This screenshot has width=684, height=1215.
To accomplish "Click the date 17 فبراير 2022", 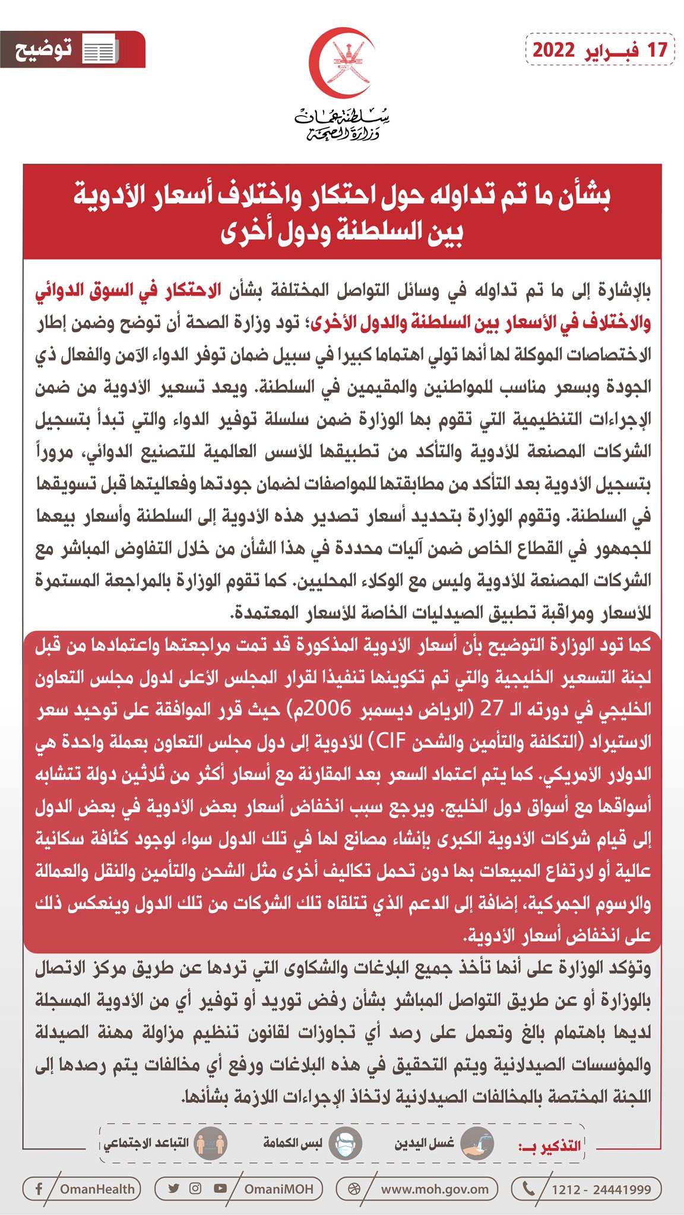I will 600,50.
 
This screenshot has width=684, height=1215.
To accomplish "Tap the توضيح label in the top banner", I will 43,49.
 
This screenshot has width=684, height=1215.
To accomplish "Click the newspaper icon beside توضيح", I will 99,50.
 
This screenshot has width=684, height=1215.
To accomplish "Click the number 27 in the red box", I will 492,710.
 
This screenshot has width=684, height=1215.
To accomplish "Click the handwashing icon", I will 477,1143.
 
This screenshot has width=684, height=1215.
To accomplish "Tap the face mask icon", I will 345,1143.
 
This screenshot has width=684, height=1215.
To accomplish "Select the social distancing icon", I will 211,1143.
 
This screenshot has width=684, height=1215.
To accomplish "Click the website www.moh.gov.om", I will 435,1189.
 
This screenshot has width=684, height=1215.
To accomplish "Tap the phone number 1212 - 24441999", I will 601,1189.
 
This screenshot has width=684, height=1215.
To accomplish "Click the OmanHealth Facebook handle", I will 97,1189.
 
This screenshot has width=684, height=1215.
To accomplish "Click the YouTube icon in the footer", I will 220,1188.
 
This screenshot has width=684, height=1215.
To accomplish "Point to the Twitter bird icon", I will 173,1188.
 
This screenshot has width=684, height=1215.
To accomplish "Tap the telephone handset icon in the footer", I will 527,1188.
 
